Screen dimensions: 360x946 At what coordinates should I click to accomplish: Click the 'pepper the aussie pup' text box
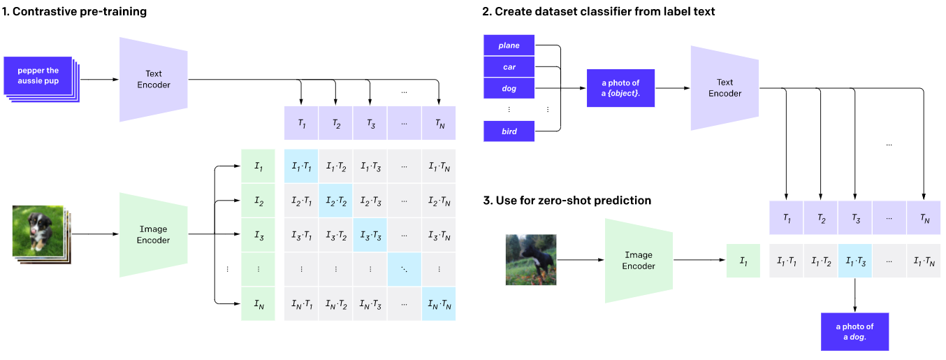click(38, 76)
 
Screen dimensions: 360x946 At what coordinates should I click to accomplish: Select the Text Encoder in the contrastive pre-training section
click(154, 79)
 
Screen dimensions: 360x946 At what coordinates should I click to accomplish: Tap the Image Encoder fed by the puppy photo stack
click(154, 234)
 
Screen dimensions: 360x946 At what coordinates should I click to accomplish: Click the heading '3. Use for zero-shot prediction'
click(567, 201)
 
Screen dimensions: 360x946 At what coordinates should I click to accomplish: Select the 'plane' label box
click(509, 45)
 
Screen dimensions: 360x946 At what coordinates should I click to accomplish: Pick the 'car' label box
click(509, 67)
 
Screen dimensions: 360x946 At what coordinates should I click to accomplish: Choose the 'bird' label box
click(509, 131)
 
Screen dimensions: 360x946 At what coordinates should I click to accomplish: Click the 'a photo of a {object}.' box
click(620, 88)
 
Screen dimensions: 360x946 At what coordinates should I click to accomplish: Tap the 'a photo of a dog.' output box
click(854, 331)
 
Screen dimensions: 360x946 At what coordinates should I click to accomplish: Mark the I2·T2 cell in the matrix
click(335, 201)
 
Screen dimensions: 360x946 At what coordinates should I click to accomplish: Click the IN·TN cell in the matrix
click(438, 304)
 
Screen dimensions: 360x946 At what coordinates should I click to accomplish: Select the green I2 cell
click(259, 201)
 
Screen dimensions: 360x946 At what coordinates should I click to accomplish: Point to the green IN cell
click(259, 304)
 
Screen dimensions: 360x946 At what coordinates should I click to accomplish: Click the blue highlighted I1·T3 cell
click(854, 261)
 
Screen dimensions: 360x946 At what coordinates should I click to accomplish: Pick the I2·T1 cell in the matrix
click(301, 201)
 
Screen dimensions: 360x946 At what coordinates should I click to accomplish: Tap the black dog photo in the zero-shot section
click(531, 259)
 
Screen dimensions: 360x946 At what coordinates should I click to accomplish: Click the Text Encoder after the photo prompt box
click(725, 88)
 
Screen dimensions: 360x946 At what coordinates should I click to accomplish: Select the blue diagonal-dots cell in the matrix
click(404, 269)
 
